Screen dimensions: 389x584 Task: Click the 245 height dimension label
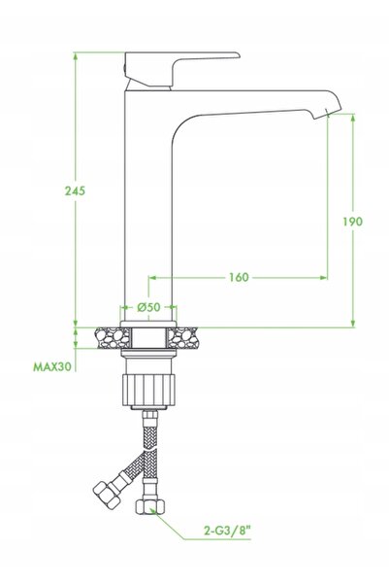click(x=75, y=190)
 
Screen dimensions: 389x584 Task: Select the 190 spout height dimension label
click(x=352, y=222)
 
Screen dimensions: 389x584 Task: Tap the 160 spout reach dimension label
click(x=238, y=277)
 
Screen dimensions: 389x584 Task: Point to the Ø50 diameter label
click(x=148, y=307)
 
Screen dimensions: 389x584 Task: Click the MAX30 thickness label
click(x=52, y=367)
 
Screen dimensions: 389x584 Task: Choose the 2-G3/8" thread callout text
click(x=227, y=530)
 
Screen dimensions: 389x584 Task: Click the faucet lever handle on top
click(x=181, y=70)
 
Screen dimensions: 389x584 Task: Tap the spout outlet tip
click(x=327, y=112)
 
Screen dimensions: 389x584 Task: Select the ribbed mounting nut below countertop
click(x=148, y=390)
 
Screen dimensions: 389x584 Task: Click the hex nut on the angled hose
click(x=106, y=494)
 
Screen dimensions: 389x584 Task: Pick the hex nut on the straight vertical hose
click(x=149, y=506)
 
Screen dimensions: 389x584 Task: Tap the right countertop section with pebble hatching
click(x=182, y=338)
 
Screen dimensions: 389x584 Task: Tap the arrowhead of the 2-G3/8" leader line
click(x=153, y=510)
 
